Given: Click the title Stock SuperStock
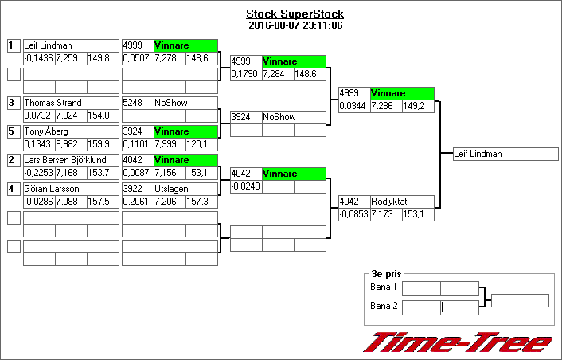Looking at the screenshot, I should click(295, 14).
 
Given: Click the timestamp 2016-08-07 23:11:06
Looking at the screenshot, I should click(295, 25).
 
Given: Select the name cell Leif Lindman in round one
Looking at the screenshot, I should click(70, 45).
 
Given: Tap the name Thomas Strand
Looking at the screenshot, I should click(70, 103).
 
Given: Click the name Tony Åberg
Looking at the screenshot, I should click(70, 131).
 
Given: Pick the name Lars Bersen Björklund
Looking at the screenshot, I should click(70, 160).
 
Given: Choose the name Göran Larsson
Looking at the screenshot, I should click(70, 189).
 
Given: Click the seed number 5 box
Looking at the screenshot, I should click(13, 131).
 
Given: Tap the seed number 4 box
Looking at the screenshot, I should click(13, 189).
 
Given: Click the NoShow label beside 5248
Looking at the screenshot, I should click(185, 103).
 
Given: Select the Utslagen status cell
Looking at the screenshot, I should click(185, 189).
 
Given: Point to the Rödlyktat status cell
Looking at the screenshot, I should click(402, 202).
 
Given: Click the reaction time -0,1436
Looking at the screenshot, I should click(38, 58).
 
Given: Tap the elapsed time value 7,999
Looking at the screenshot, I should click(168, 144).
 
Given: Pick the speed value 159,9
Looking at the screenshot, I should click(102, 144).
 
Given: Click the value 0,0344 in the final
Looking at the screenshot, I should click(354, 106).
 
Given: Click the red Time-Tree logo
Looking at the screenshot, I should click(458, 342).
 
